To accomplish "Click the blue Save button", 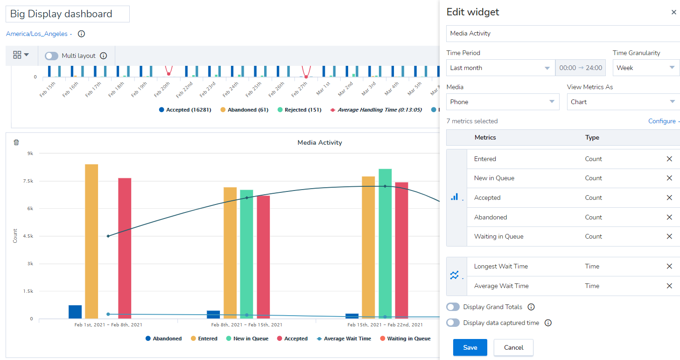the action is coord(470,347).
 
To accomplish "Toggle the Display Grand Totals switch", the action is coord(453,307).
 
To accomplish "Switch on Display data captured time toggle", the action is coord(453,323).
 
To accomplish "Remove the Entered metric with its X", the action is coord(669,159).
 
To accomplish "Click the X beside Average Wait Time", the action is coord(669,286).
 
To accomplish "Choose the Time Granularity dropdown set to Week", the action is coord(646,68).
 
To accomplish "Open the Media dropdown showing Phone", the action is coord(503,102).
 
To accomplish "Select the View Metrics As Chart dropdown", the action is coord(623,102).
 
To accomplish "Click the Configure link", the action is coord(662,121).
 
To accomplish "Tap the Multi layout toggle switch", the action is coord(51,56).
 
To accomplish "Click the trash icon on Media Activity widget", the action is coord(16,142).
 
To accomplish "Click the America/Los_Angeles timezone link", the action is coord(37,34).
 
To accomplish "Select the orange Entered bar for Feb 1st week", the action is coord(91,241).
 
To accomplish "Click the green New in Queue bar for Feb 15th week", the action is coord(385,244).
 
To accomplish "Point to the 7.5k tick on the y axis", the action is coord(28,181).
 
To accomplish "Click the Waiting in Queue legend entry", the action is coord(405,339).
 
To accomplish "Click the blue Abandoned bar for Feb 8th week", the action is coord(213,314).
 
